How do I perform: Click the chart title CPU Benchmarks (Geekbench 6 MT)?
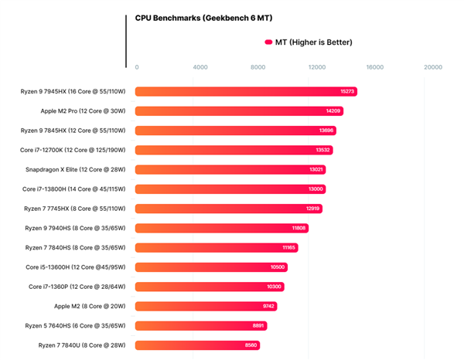click(x=203, y=17)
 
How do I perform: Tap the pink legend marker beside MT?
click(x=268, y=42)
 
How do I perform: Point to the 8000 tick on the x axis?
click(x=258, y=67)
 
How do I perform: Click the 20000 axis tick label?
click(x=433, y=67)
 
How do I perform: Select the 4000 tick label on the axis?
click(x=200, y=67)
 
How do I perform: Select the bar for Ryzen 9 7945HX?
click(x=246, y=91)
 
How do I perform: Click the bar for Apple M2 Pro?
click(x=239, y=110)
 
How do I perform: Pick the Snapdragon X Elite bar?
click(x=230, y=169)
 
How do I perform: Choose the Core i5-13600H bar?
click(x=213, y=267)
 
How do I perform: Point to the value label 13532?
click(x=322, y=150)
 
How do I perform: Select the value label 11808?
click(x=299, y=228)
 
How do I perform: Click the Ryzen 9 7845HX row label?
click(x=73, y=130)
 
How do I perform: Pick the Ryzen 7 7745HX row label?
click(x=76, y=209)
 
